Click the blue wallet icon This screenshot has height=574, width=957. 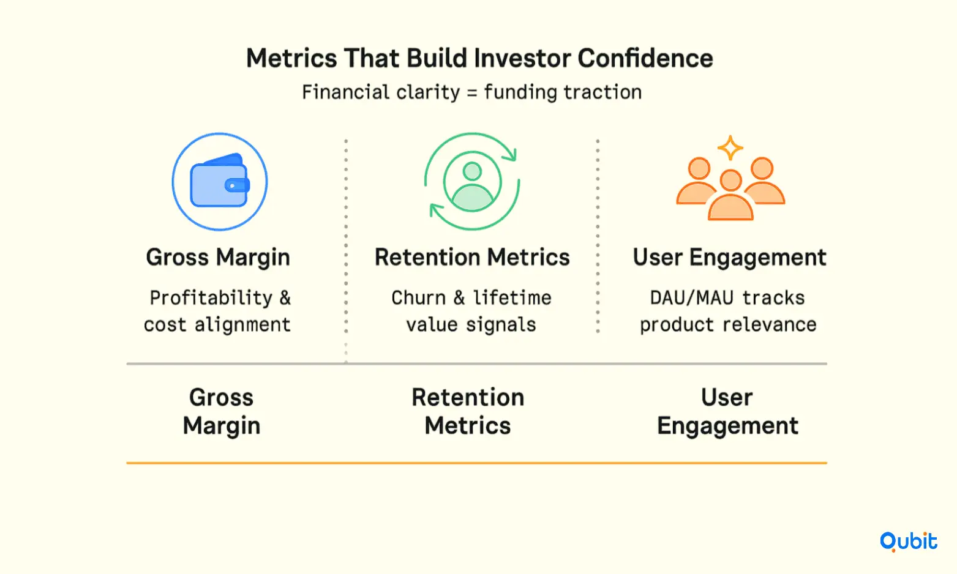(220, 182)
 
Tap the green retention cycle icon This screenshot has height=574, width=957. (471, 182)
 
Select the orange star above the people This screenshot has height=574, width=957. (730, 147)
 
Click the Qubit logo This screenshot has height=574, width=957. (909, 542)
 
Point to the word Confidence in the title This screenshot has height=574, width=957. (645, 58)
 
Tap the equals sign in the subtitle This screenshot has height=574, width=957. (471, 93)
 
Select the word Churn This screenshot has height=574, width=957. (418, 297)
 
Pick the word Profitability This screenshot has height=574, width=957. (211, 298)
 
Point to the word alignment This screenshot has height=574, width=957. (242, 324)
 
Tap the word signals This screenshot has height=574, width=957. (501, 324)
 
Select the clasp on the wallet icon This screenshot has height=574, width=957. (237, 185)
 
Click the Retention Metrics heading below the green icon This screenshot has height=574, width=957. (472, 257)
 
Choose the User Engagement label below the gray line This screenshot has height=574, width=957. (727, 411)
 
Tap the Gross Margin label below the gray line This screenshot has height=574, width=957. (221, 412)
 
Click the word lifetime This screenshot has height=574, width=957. (512, 297)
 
